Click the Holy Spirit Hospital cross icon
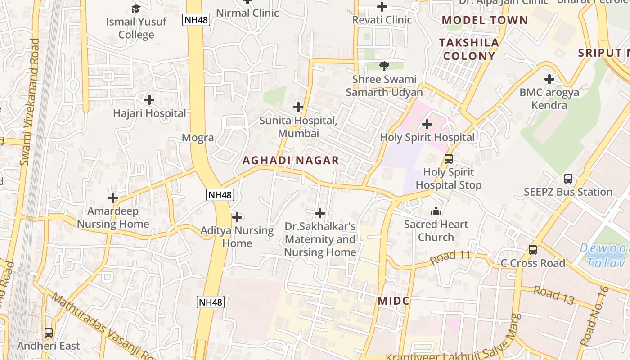pos(427,124)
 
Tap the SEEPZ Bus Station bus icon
pos(568,179)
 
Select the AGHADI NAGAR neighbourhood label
pos(291,161)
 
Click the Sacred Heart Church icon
pos(436,211)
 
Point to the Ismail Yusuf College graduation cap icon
pos(136,9)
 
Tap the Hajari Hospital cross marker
pos(149,99)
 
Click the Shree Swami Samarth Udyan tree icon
pos(384,66)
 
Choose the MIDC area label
pos(394,301)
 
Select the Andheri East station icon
pos(49,333)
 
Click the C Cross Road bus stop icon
pos(533,249)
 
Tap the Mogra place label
pos(198,138)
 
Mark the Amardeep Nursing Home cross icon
pos(113,198)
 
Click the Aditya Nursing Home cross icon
pos(237,217)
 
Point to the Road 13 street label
pos(554,295)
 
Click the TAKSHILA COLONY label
pos(469,49)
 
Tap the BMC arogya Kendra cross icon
pos(549,79)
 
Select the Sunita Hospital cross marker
pos(298,107)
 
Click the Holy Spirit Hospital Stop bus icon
pos(449,158)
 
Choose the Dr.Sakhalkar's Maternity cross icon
pos(320,213)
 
